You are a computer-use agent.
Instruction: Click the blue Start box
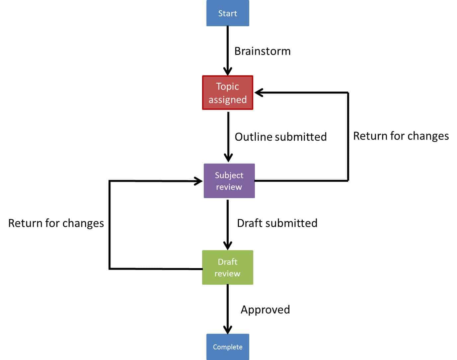click(x=228, y=13)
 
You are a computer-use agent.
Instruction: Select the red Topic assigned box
click(x=228, y=93)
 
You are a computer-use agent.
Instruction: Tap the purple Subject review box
click(x=229, y=181)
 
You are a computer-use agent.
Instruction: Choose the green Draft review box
click(x=228, y=267)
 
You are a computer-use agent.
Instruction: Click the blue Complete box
click(x=228, y=347)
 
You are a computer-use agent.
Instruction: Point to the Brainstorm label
click(x=262, y=51)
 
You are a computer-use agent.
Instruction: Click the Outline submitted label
click(x=280, y=137)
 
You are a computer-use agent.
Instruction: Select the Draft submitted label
click(x=277, y=223)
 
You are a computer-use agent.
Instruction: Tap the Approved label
click(x=265, y=310)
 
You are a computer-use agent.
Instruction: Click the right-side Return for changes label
click(x=401, y=136)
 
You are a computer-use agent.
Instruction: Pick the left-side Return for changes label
click(x=56, y=223)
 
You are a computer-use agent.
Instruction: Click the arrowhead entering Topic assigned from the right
click(x=259, y=93)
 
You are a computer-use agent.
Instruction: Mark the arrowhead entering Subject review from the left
click(x=198, y=181)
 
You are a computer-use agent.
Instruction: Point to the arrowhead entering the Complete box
click(x=228, y=329)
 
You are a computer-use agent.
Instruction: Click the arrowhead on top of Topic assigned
click(x=228, y=71)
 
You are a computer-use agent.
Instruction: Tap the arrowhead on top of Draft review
click(x=228, y=246)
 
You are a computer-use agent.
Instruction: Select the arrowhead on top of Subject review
click(x=228, y=157)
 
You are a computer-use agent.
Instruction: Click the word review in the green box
click(x=227, y=273)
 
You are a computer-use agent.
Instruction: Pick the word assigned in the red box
click(x=228, y=100)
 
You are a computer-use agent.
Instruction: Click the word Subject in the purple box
click(x=229, y=175)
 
